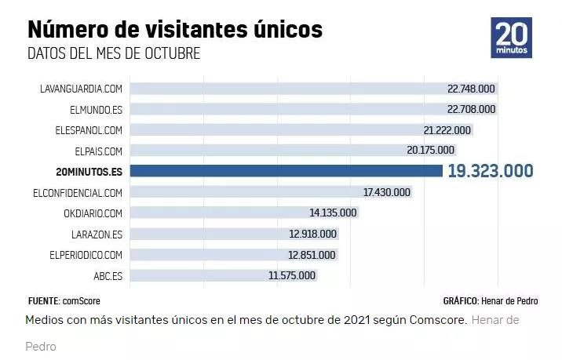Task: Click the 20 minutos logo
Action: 511,37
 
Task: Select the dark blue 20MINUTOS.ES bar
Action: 286,170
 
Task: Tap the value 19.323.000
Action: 491,170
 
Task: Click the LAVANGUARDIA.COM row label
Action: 81,89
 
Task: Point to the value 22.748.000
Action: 471,89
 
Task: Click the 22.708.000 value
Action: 471,109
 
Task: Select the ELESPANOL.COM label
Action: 89,129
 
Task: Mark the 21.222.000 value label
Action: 447,129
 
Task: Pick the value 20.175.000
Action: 430,150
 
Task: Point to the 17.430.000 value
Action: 387,192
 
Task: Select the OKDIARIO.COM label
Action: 93,213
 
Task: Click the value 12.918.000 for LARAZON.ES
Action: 312,234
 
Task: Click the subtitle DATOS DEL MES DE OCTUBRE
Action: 114,53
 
